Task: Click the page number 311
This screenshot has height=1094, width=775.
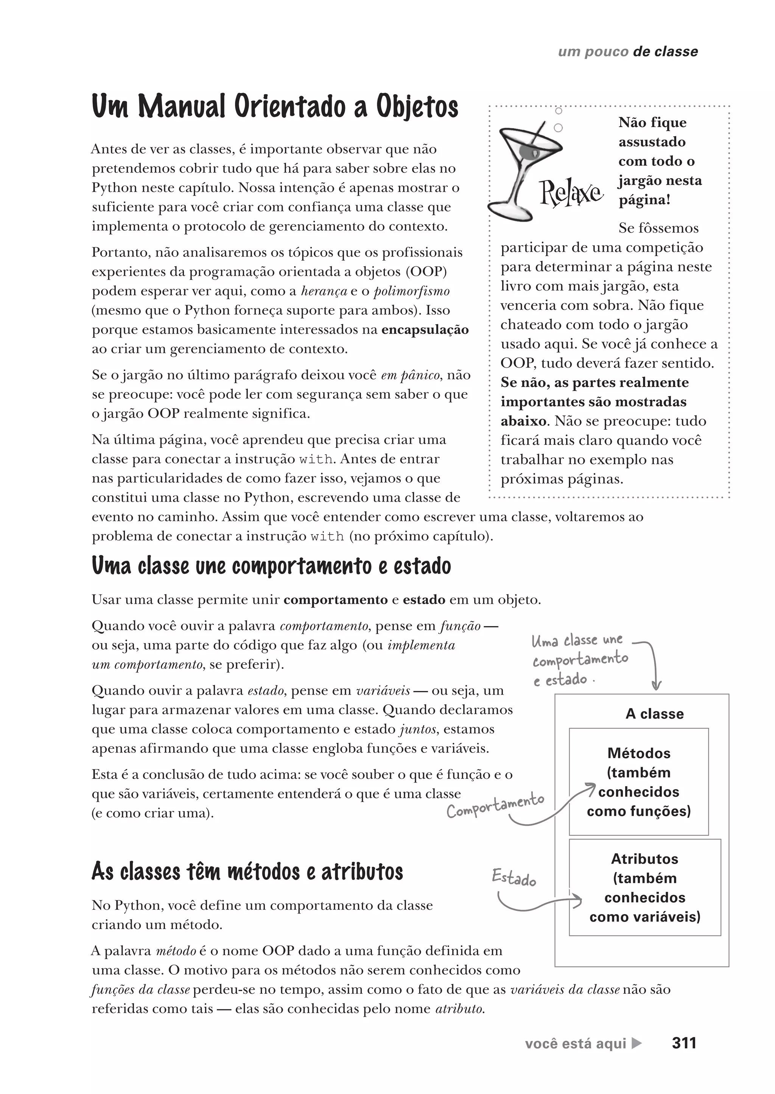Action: pos(684,1043)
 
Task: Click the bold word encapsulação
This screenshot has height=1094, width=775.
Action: pos(425,330)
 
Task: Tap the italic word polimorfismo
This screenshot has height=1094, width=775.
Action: pos(411,291)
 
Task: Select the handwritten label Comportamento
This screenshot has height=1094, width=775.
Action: pos(495,806)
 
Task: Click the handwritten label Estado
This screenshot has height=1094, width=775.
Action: pos(514,877)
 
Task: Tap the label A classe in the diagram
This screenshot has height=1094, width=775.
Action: pos(654,714)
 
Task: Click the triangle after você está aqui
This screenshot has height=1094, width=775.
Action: pos(636,1043)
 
